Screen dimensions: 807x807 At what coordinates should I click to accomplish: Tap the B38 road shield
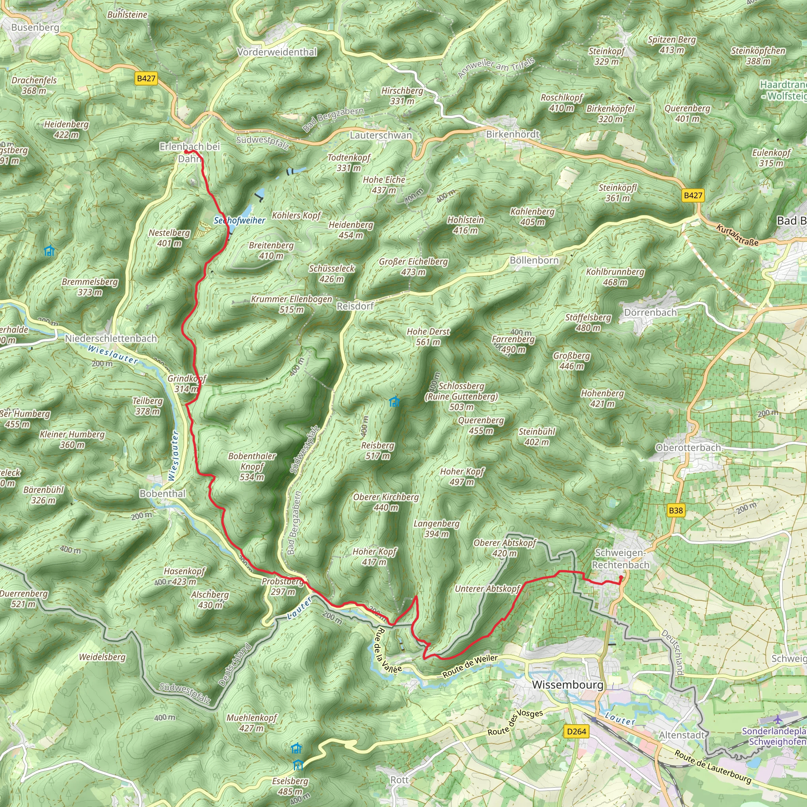675,510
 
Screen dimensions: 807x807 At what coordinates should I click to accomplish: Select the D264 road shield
576,731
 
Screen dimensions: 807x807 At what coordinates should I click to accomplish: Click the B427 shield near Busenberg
146,78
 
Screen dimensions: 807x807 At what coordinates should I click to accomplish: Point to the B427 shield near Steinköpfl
693,195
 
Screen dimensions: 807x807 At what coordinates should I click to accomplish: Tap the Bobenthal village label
162,493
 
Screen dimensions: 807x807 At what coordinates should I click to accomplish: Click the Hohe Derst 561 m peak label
428,337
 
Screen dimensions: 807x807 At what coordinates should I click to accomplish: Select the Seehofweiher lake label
239,220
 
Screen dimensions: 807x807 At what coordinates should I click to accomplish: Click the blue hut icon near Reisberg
394,402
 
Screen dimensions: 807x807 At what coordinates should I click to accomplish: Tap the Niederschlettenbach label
111,338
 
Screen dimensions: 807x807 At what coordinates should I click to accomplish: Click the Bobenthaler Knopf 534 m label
252,466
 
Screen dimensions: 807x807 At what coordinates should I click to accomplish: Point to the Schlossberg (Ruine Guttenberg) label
461,396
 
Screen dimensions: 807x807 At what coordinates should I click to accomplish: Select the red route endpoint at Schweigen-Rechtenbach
621,578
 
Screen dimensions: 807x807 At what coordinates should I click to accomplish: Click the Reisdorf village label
355,306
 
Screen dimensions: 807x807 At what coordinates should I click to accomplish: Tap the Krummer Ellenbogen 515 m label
291,304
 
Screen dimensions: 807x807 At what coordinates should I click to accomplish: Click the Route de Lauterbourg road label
713,767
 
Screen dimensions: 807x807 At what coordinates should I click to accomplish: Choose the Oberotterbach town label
688,448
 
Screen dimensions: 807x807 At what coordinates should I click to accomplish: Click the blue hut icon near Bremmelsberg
49,251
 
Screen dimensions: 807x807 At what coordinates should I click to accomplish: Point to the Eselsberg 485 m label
290,786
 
